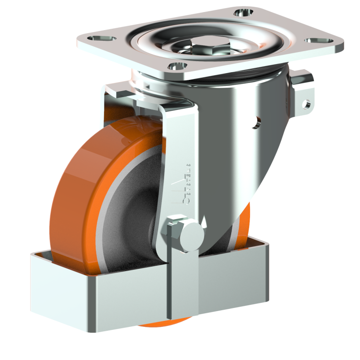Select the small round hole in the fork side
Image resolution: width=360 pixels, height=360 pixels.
click(x=257, y=121)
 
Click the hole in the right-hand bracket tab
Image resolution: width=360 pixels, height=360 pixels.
click(x=307, y=104)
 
